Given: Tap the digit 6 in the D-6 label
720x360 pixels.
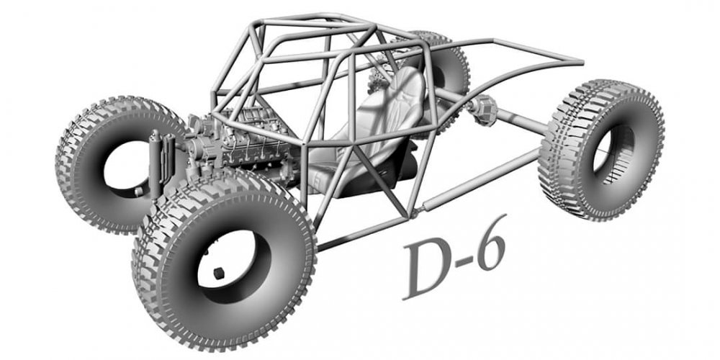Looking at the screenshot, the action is tap(492, 243).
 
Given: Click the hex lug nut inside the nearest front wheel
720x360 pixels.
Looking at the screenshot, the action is tap(220, 273).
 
